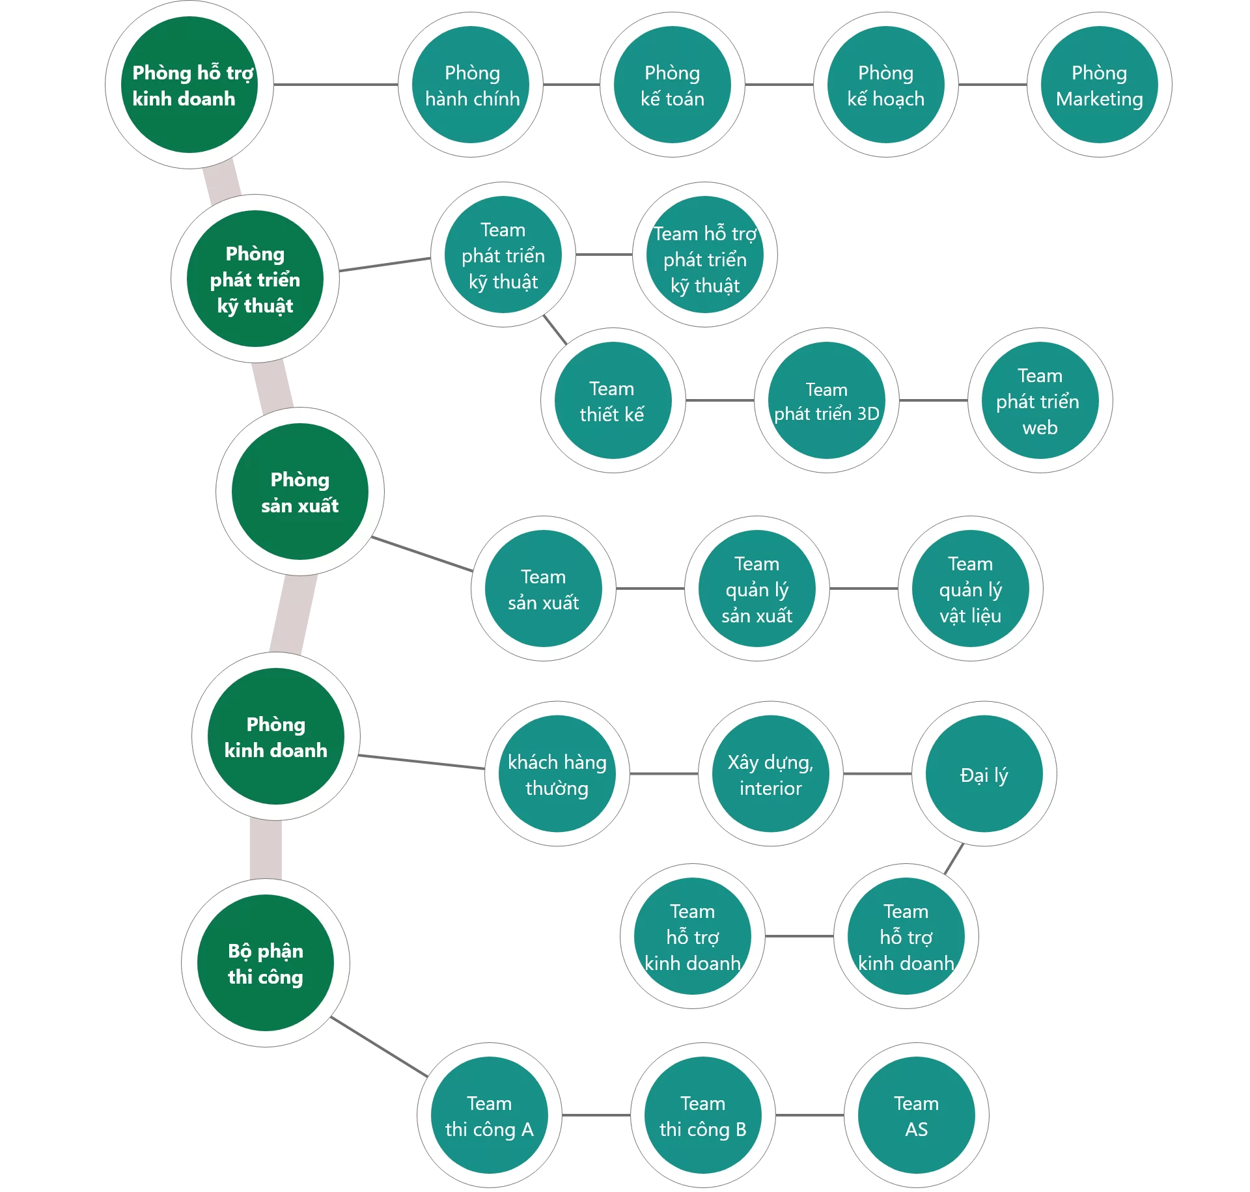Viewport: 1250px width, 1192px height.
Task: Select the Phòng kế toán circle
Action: [672, 85]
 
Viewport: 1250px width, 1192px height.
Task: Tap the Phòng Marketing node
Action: [1099, 85]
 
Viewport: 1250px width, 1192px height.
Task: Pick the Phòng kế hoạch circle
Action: [885, 85]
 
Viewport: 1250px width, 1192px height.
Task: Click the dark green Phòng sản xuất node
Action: [299, 492]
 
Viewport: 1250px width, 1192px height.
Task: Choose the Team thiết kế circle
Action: [612, 400]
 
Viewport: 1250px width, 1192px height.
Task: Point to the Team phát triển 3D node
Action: [826, 400]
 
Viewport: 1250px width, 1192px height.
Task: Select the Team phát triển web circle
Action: [1040, 400]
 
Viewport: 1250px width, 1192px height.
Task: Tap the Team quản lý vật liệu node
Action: [970, 589]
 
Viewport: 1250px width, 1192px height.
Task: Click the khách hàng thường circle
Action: [557, 774]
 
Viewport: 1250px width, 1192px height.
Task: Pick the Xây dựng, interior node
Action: [770, 774]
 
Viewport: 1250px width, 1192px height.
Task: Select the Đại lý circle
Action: [984, 774]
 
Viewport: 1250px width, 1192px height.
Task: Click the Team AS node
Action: [916, 1115]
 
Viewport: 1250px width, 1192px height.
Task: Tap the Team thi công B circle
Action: [702, 1115]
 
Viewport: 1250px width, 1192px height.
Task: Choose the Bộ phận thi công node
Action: [266, 963]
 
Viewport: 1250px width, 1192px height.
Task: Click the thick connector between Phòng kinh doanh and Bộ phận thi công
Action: [266, 850]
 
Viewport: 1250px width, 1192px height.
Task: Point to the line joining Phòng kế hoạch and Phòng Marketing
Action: [992, 85]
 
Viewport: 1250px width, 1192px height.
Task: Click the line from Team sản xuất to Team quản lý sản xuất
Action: [650, 589]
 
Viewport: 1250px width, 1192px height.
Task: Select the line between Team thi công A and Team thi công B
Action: [596, 1115]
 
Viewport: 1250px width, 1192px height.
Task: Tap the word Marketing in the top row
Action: [1099, 99]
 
